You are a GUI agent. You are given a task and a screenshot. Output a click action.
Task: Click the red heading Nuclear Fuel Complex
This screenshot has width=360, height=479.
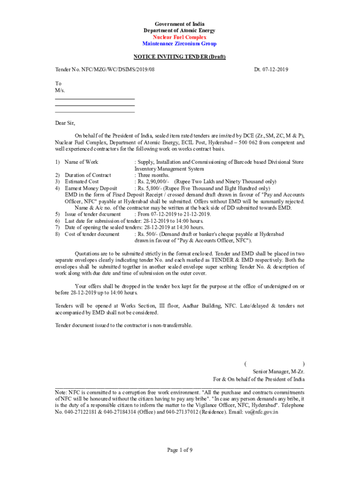[180, 37]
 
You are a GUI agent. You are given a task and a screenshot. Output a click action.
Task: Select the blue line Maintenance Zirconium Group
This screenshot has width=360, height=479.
[180, 44]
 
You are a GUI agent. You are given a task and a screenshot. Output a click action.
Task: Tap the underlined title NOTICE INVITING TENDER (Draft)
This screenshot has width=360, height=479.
[180, 57]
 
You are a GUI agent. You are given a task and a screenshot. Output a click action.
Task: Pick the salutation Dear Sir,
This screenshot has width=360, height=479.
[65, 123]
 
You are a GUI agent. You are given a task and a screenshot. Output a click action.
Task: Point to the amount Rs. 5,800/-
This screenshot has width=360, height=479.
[149, 188]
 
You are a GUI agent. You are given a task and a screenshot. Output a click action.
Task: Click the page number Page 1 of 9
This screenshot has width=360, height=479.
[180, 450]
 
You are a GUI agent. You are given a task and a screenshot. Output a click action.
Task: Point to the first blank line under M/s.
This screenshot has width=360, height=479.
[94, 99]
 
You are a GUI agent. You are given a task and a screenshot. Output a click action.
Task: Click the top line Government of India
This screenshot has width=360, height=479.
[180, 24]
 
